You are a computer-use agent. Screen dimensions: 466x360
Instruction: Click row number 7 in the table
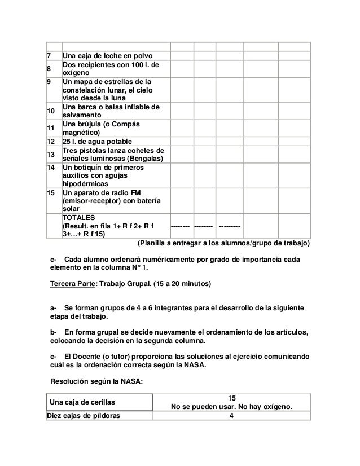pyautogui.click(x=49, y=56)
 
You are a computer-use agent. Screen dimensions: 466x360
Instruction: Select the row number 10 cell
pyautogui.click(x=51, y=112)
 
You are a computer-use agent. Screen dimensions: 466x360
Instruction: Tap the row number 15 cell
pyautogui.click(x=51, y=192)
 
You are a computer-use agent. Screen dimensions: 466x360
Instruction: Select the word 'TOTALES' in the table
pyautogui.click(x=80, y=217)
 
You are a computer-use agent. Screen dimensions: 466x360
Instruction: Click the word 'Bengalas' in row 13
pyautogui.click(x=143, y=159)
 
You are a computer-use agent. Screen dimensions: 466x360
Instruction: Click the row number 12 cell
pyautogui.click(x=51, y=140)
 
